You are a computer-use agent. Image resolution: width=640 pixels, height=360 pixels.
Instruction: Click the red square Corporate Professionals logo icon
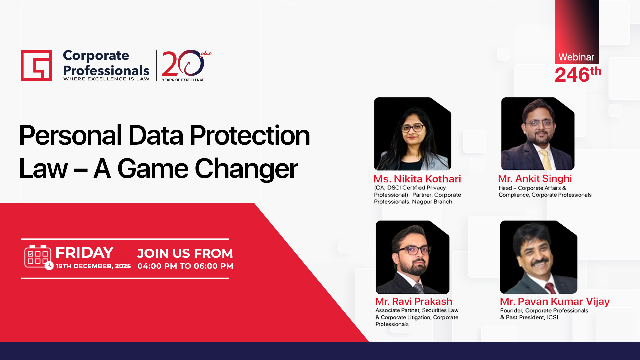pos(36,65)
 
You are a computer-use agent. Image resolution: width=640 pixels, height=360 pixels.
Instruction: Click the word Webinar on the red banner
pos(576,57)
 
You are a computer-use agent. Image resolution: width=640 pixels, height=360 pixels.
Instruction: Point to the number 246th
pos(578,74)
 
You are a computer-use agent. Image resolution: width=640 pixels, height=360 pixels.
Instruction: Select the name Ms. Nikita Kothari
pos(417,179)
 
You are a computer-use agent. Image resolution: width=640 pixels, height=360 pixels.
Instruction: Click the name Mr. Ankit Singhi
pos(535,179)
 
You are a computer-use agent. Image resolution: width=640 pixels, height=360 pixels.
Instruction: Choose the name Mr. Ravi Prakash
pos(414,301)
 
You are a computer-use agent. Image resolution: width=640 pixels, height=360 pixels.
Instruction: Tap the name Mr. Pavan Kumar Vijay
pos(555,301)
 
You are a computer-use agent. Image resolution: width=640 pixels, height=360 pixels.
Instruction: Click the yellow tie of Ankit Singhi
pos(545,160)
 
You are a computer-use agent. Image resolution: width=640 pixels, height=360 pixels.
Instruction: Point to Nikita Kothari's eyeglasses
pos(413,128)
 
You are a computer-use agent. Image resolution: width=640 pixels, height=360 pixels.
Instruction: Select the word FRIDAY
pos(84,252)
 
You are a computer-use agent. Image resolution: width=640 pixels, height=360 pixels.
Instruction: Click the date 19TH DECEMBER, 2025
pos(93,266)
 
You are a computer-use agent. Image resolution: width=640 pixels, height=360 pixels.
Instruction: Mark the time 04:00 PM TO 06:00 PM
pos(185,266)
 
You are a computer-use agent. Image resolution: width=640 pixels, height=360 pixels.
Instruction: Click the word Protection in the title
pos(250,135)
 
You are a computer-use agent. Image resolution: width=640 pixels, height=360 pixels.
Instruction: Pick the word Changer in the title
pos(246,169)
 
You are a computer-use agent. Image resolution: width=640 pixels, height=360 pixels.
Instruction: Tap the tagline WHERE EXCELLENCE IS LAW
pos(106,79)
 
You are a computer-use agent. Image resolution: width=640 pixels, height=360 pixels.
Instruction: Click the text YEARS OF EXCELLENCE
pos(183,80)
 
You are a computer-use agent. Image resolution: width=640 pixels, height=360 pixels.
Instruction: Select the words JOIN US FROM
pos(185,253)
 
